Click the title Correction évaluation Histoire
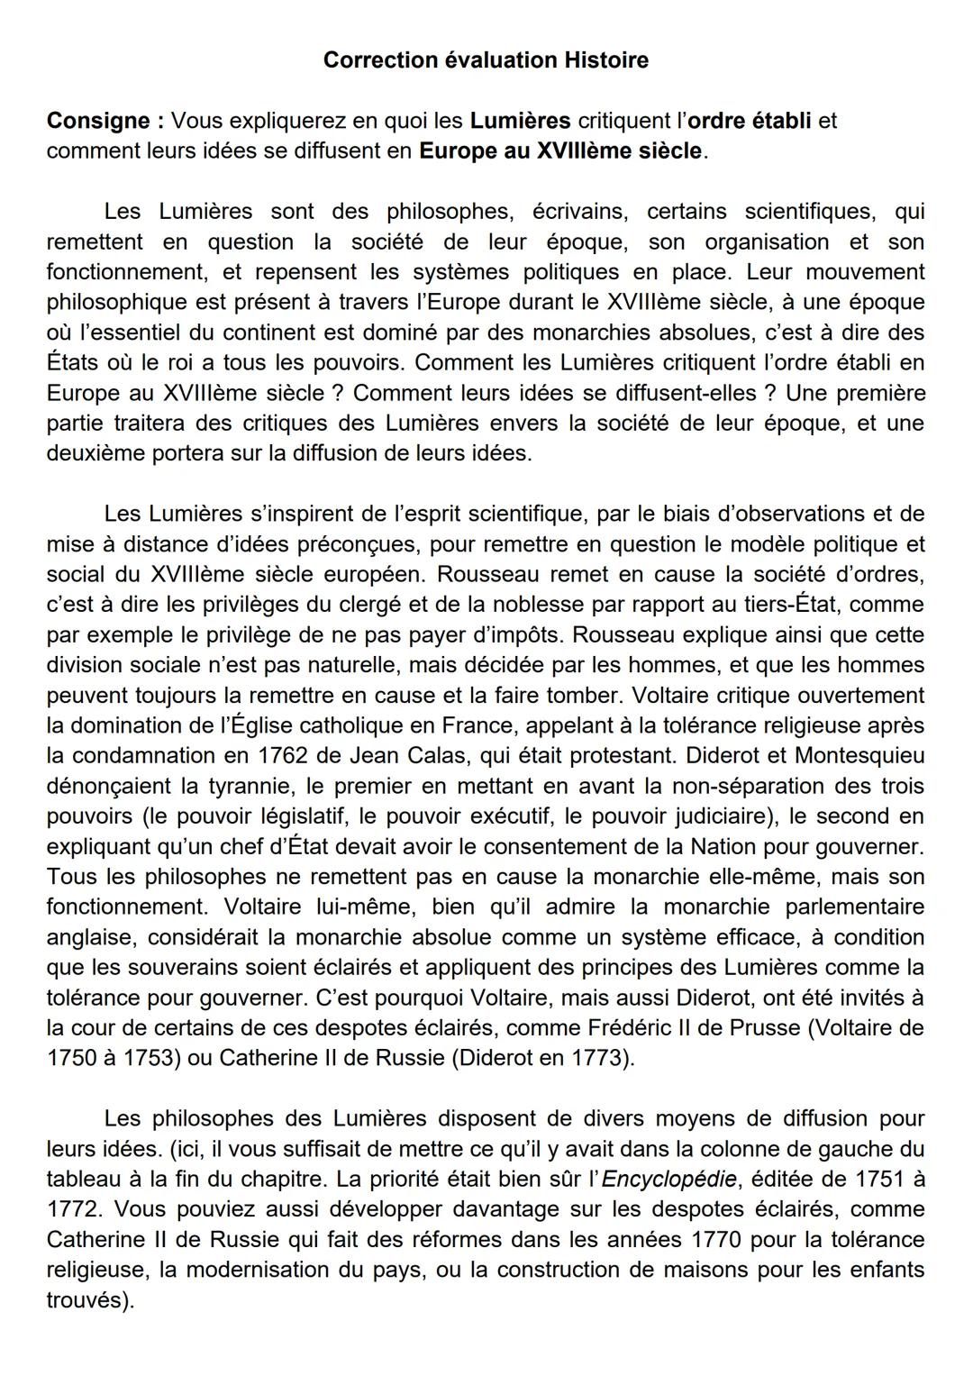click(486, 60)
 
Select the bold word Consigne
click(98, 121)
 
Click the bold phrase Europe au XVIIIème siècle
click(560, 150)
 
